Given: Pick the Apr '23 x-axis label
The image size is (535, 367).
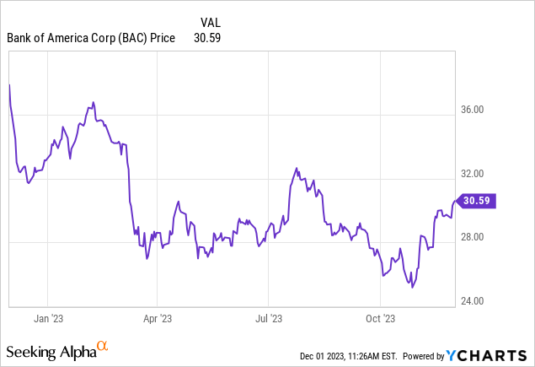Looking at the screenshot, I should tap(158, 318).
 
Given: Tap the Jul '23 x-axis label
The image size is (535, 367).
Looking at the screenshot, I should tap(268, 318).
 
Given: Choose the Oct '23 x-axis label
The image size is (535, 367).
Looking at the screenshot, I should tap(379, 318).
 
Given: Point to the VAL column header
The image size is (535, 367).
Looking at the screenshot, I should tap(211, 22).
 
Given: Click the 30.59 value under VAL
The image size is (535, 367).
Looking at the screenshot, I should tap(206, 38).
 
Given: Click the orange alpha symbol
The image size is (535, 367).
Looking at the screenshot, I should tap(103, 346).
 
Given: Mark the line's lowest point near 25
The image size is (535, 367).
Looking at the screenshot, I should tap(412, 288).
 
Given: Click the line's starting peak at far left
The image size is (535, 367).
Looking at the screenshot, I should tap(9, 85).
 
